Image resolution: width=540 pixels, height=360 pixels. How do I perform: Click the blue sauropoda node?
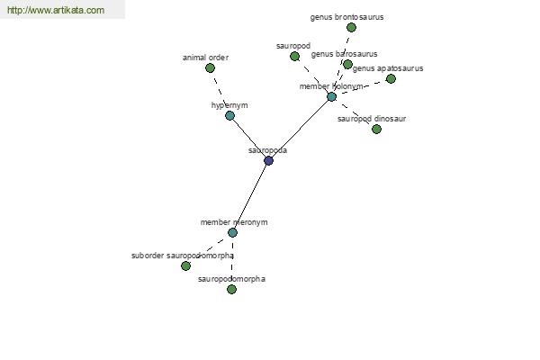(268, 160)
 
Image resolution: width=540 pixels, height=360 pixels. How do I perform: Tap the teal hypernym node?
(229, 115)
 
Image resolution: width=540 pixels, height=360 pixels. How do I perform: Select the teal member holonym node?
(331, 97)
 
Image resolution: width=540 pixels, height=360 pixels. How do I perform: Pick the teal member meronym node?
(232, 232)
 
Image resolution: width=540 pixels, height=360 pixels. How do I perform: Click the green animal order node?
(210, 67)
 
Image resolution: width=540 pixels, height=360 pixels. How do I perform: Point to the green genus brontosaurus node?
(351, 27)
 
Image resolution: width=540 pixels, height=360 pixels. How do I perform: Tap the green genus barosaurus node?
(347, 64)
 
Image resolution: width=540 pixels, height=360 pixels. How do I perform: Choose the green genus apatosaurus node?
(391, 79)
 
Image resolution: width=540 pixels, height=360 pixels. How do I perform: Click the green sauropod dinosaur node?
(376, 130)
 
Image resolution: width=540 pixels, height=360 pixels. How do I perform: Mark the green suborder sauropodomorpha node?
(185, 266)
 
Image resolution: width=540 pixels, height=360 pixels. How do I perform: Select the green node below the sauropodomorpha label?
(232, 290)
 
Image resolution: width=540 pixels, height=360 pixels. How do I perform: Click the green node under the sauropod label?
(294, 56)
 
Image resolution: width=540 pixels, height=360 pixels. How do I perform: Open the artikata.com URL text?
(56, 10)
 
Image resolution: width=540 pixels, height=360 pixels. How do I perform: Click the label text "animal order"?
(205, 58)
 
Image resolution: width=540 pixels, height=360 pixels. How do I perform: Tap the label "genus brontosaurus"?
(346, 17)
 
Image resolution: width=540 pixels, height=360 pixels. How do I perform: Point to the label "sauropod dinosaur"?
(372, 119)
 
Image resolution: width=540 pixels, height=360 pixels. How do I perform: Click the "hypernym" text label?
(229, 105)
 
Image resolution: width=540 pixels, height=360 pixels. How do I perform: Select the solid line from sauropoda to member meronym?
(250, 196)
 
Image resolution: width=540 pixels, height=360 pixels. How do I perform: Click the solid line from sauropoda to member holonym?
(300, 129)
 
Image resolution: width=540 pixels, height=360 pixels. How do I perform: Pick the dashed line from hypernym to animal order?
(220, 92)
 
